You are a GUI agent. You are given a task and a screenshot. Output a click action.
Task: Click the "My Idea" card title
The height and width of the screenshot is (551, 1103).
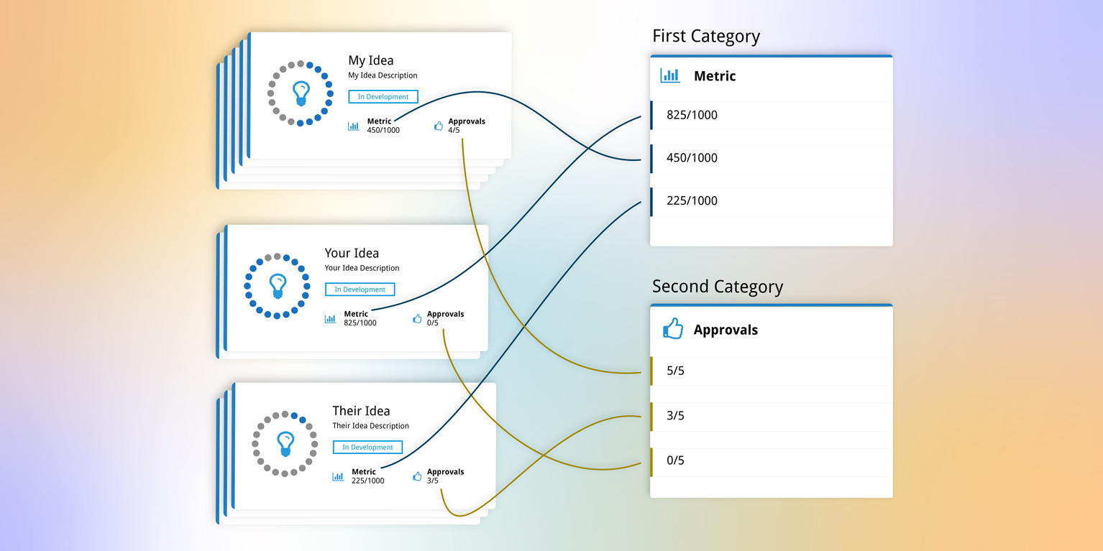[371, 60]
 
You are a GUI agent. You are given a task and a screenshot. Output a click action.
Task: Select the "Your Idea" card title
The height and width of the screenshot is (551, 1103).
[352, 254]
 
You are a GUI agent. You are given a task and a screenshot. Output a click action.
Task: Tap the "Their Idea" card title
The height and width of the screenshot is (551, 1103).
[361, 411]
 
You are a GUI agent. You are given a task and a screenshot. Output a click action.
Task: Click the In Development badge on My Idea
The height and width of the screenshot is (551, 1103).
[383, 96]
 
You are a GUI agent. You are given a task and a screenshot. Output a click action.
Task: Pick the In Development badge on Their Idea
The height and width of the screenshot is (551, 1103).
[367, 448]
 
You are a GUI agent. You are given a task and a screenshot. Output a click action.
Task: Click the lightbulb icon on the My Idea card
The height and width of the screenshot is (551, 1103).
[301, 93]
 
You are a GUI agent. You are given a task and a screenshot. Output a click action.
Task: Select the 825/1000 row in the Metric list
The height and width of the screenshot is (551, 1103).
[772, 115]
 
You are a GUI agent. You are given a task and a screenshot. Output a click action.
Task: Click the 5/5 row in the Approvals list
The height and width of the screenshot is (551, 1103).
[772, 371]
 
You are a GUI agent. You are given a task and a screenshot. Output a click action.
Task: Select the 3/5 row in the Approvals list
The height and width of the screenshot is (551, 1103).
[772, 417]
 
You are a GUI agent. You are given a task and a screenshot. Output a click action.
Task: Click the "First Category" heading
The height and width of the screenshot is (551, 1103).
[706, 37]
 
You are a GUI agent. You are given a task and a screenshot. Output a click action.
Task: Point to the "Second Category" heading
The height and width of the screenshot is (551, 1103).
[718, 287]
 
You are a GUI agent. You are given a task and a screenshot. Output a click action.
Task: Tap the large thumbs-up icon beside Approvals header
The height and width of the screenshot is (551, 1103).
[672, 328]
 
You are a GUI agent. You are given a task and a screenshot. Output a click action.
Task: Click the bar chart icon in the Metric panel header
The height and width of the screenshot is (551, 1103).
[669, 75]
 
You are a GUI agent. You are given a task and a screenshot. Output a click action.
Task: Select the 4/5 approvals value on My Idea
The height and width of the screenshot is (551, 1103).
[454, 130]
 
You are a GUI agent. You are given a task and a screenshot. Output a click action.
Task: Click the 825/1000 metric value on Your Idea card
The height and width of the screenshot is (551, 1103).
[360, 323]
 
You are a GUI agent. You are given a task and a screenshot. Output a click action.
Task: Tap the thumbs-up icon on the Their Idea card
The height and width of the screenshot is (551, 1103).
[417, 476]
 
